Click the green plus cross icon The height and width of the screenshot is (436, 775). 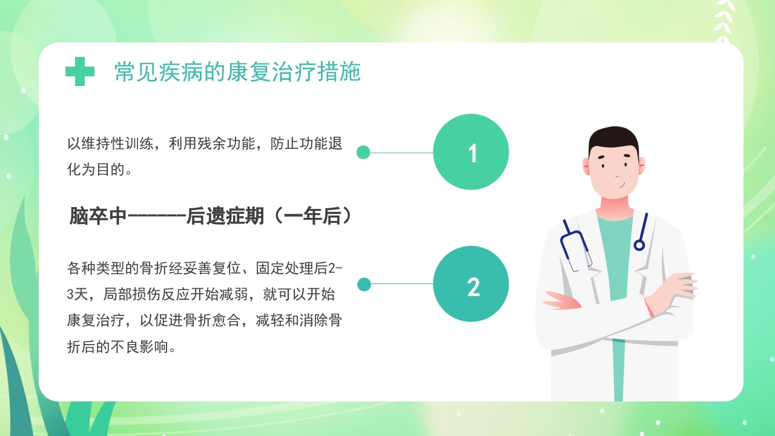(x=80, y=71)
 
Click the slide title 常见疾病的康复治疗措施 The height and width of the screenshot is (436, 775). (x=237, y=72)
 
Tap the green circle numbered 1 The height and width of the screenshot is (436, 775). (x=471, y=152)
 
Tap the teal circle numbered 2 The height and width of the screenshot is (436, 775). (x=471, y=284)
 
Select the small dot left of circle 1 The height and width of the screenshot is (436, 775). (x=363, y=152)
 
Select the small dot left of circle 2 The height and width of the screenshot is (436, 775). (x=364, y=284)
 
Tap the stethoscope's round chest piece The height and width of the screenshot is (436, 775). (x=639, y=245)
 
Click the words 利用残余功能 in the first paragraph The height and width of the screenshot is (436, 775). (x=214, y=144)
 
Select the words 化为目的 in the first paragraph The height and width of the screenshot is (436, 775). (x=94, y=170)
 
